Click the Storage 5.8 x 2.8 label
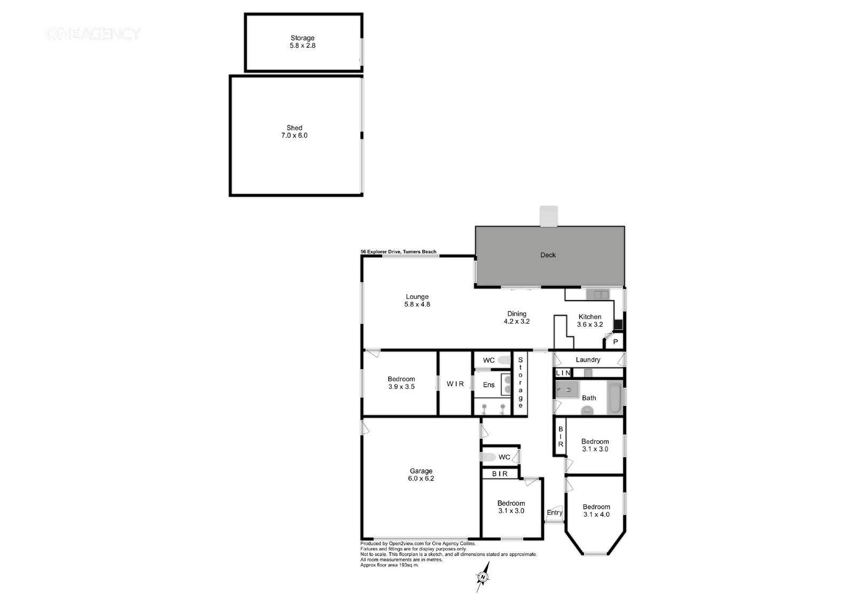pyautogui.click(x=302, y=42)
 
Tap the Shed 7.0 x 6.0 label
pyautogui.click(x=294, y=131)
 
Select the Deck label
pyautogui.click(x=548, y=255)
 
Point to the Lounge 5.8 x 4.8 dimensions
pyautogui.click(x=417, y=304)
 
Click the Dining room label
pyautogui.click(x=517, y=313)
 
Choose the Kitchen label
pyautogui.click(x=590, y=317)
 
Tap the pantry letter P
pyautogui.click(x=615, y=342)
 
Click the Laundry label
pyautogui.click(x=588, y=360)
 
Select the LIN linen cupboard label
pyautogui.click(x=563, y=373)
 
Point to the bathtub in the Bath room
pyautogui.click(x=615, y=398)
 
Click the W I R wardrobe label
pyautogui.click(x=455, y=384)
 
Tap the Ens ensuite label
pyautogui.click(x=488, y=385)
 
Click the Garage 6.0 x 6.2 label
pyautogui.click(x=421, y=475)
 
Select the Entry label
pyautogui.click(x=554, y=513)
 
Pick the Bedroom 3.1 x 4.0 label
pyautogui.click(x=596, y=511)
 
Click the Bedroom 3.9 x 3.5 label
pyautogui.click(x=401, y=383)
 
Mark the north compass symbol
pyautogui.click(x=483, y=577)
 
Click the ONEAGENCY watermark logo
pyautogui.click(x=93, y=34)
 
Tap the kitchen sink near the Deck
pyautogui.click(x=598, y=295)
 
